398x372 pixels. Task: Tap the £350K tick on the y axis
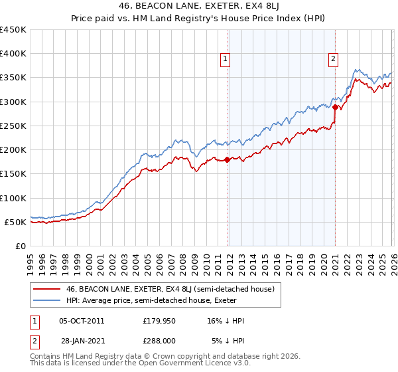pos(13,78)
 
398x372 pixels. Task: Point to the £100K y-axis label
pos(13,198)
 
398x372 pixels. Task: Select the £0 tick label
pos(20,246)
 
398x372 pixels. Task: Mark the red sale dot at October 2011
pos(227,159)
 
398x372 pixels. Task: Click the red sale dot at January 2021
pos(336,108)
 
